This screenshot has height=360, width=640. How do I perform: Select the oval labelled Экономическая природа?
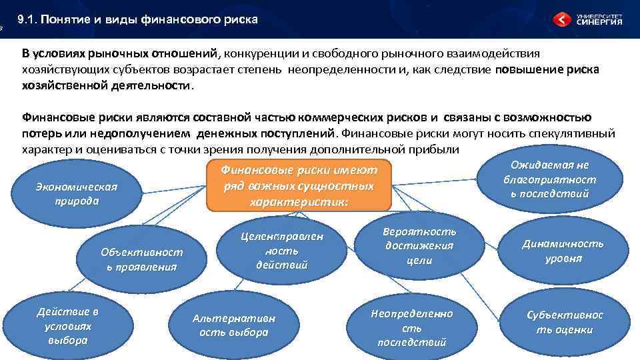click(76, 194)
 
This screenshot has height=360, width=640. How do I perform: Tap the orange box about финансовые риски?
click(298, 186)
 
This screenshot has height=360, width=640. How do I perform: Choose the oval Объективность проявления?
click(141, 259)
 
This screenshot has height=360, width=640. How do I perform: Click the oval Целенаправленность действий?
click(282, 250)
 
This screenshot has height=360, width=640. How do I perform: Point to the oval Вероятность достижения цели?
click(419, 245)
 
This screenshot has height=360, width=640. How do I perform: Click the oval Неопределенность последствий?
click(411, 327)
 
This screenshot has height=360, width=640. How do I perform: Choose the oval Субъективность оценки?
click(564, 322)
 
